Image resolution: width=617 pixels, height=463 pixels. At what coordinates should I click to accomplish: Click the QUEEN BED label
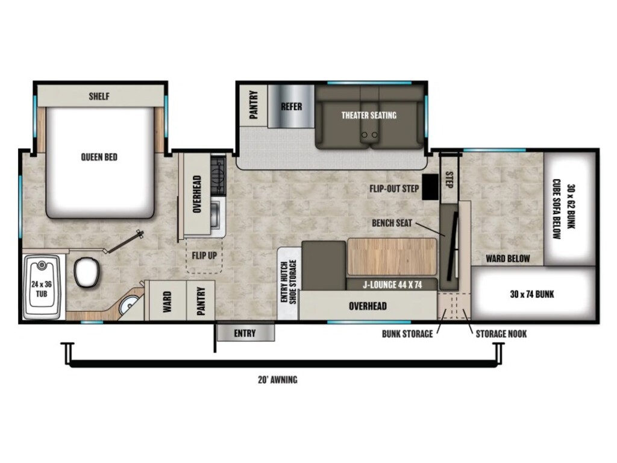tap(99, 157)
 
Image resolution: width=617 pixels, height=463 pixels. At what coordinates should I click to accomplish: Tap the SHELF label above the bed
tap(99, 96)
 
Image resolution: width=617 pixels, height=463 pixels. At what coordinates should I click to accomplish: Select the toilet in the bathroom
tap(87, 272)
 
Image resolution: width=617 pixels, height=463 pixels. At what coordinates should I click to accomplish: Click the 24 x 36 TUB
tap(42, 287)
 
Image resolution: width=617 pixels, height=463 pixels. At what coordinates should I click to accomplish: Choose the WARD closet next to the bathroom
tap(167, 300)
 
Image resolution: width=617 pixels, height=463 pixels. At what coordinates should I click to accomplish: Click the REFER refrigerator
tap(291, 107)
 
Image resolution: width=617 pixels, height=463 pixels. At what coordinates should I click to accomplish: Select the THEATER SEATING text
tap(369, 115)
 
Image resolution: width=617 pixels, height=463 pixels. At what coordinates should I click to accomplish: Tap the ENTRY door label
tap(245, 333)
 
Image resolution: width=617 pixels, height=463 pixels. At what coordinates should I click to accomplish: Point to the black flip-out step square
tap(430, 187)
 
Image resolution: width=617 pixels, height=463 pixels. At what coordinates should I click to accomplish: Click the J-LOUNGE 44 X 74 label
tap(391, 284)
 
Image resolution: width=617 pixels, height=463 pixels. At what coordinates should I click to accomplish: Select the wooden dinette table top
tap(391, 256)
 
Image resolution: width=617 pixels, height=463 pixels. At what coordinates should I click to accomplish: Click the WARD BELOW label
tap(508, 259)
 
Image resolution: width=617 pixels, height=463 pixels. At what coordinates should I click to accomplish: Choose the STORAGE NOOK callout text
tap(501, 334)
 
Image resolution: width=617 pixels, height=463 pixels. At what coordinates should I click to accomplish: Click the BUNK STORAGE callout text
tap(407, 334)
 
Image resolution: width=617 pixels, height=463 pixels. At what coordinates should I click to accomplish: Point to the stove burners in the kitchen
tap(218, 175)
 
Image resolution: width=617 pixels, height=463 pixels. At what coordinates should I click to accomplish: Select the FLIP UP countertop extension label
tap(204, 254)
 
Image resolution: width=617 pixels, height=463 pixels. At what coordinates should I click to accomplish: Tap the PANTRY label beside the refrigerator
tap(254, 105)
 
